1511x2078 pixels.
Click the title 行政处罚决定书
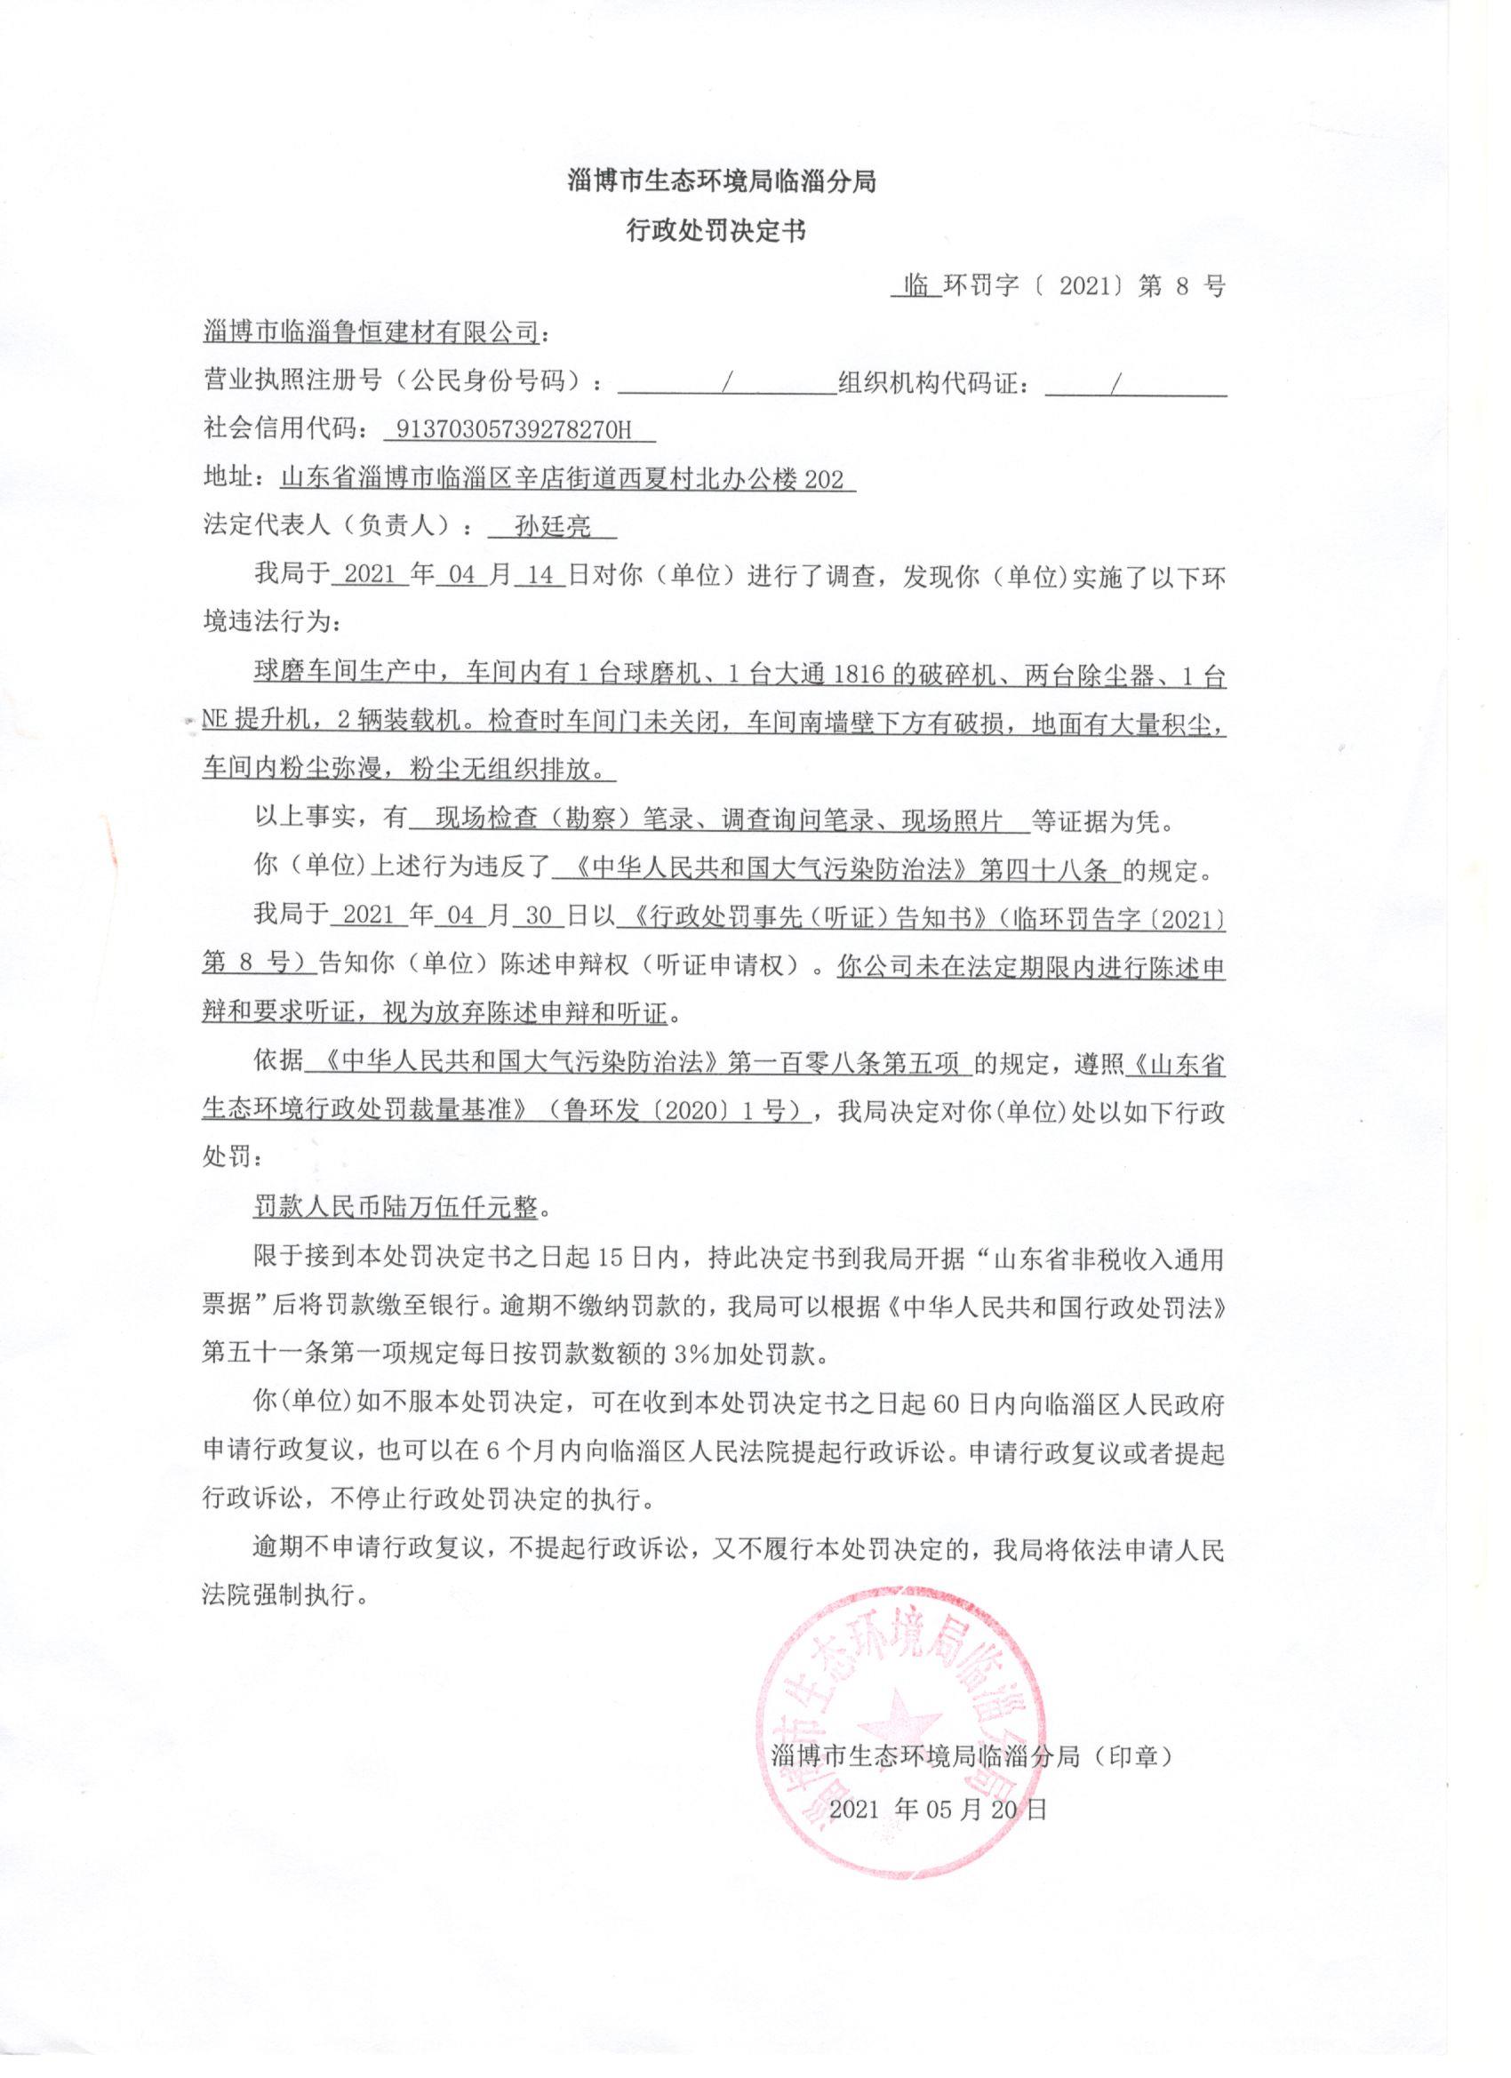coord(716,231)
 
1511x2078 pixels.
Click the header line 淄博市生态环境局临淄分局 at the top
coord(722,180)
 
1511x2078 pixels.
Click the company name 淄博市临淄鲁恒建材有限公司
coord(370,332)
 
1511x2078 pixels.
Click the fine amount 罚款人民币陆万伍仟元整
coord(396,1208)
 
